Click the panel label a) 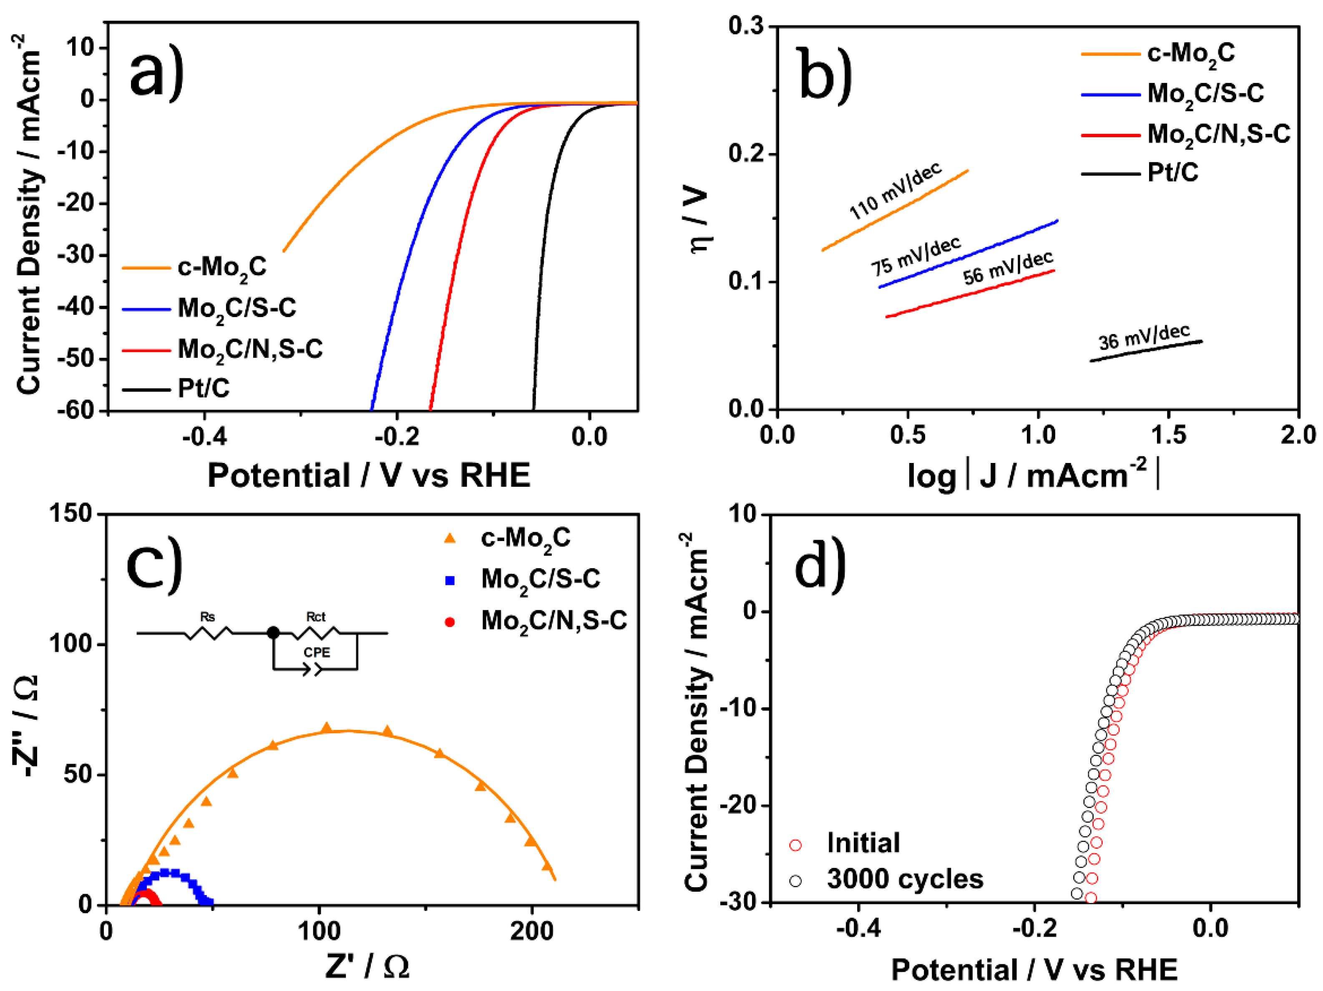pyautogui.click(x=157, y=73)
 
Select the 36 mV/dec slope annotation pyautogui.click(x=1144, y=337)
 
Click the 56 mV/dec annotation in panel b pyautogui.click(x=1008, y=267)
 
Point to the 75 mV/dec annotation pyautogui.click(x=915, y=255)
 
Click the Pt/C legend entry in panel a pyautogui.click(x=204, y=389)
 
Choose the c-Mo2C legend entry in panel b pyautogui.click(x=1190, y=54)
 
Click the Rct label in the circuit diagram pyautogui.click(x=315, y=616)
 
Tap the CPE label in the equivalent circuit pyautogui.click(x=317, y=652)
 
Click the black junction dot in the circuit pyautogui.click(x=273, y=633)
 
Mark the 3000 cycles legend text pyautogui.click(x=905, y=879)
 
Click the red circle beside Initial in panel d pyautogui.click(x=795, y=845)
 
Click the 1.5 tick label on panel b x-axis pyautogui.click(x=1168, y=435)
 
